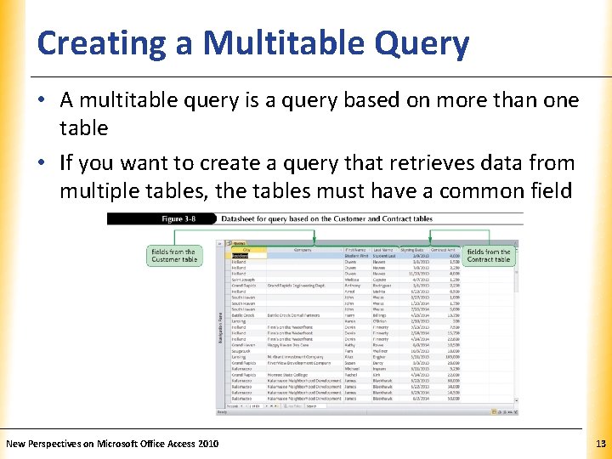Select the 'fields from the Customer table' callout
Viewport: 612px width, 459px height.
[x=173, y=255]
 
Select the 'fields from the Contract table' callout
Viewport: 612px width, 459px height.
[x=489, y=255]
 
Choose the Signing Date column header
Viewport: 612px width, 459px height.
[x=414, y=249]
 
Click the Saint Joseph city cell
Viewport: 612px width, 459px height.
[x=243, y=278]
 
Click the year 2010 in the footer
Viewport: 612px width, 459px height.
[x=207, y=443]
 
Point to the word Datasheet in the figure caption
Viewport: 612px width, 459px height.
[x=240, y=219]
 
